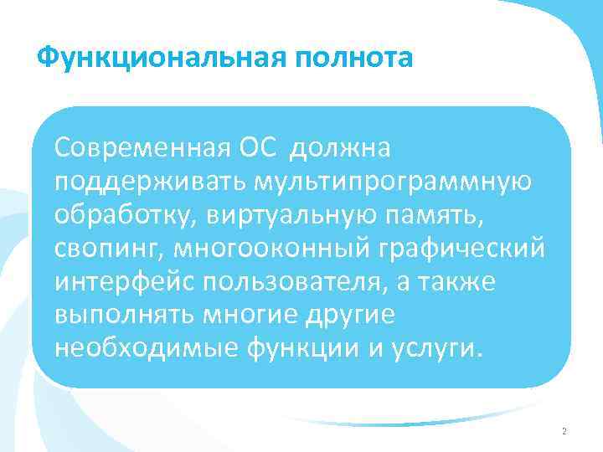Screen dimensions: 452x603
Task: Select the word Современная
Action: click(x=142, y=148)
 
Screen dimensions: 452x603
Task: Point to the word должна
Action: click(x=338, y=148)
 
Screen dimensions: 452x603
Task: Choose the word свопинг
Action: click(x=107, y=248)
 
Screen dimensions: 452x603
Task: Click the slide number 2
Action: click(x=564, y=431)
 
